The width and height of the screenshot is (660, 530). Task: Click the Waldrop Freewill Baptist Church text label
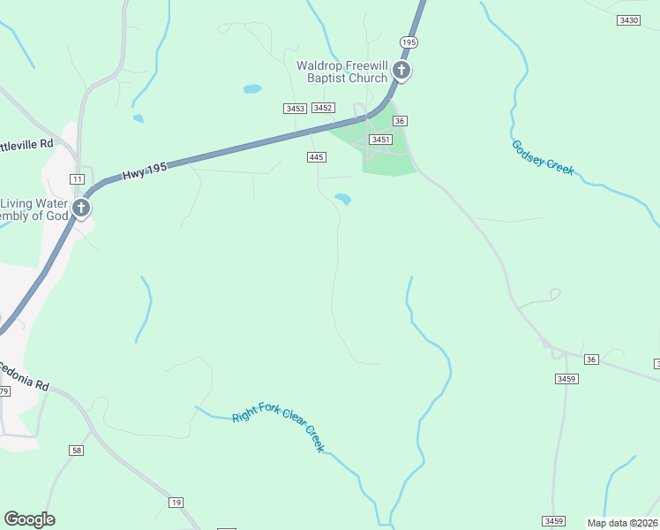click(x=341, y=72)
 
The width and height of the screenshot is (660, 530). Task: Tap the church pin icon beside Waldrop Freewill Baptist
click(x=401, y=71)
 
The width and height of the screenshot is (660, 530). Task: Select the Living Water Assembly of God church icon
click(x=81, y=208)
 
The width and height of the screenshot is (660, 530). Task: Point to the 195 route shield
click(x=409, y=42)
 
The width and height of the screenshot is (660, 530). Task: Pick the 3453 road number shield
click(x=295, y=108)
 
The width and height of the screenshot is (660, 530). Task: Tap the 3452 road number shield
click(x=323, y=107)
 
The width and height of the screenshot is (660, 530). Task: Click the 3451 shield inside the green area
click(x=380, y=140)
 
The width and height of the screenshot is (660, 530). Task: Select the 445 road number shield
click(x=317, y=156)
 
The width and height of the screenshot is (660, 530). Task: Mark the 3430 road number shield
click(x=629, y=19)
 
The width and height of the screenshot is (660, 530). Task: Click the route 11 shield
click(x=78, y=179)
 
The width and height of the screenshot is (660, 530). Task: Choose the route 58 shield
click(x=78, y=450)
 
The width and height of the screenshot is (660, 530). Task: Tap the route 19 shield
click(x=176, y=502)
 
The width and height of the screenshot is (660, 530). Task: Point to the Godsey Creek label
click(x=543, y=157)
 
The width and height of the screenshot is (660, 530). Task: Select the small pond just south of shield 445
click(x=343, y=200)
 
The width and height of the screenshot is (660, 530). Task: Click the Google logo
click(x=29, y=519)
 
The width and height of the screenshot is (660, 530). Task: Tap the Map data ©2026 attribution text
click(x=622, y=523)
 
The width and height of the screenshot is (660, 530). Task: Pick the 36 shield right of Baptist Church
click(x=400, y=121)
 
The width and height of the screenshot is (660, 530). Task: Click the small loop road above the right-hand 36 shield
click(x=554, y=293)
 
